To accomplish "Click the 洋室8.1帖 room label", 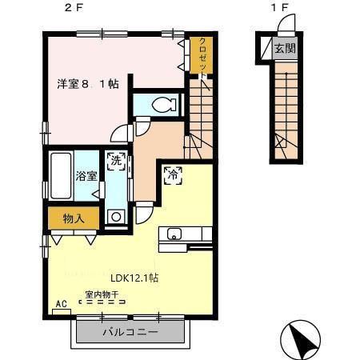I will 87,83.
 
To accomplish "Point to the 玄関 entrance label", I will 285,49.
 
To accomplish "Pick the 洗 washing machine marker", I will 117,160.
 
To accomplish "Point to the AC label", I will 62,304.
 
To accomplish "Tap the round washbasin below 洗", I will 116,215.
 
